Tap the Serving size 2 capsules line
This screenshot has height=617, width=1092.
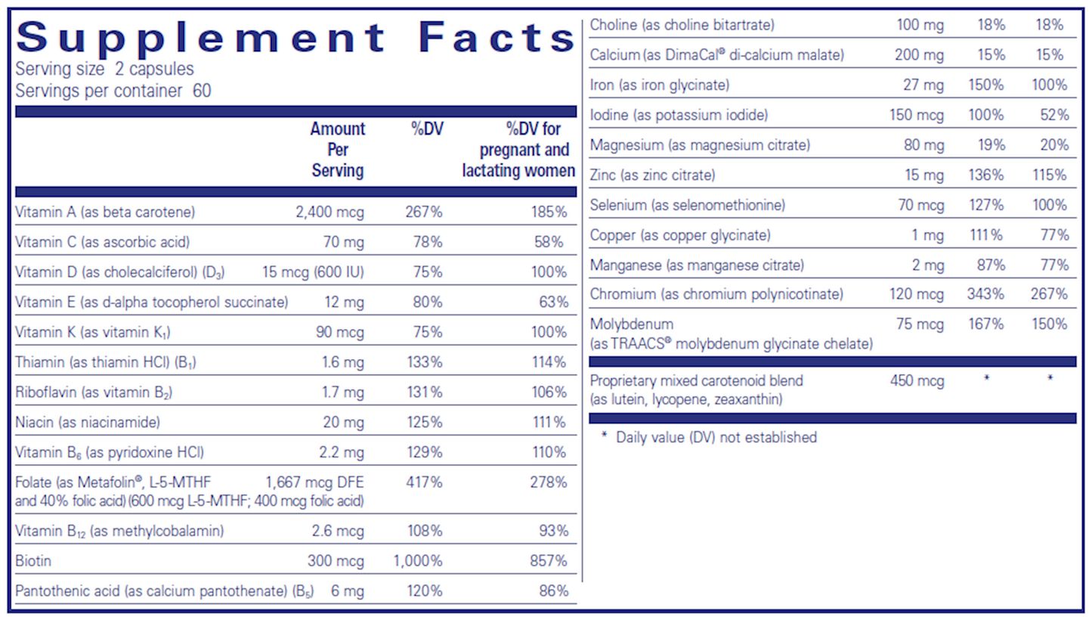(x=104, y=70)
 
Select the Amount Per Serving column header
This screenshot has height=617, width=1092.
(x=337, y=150)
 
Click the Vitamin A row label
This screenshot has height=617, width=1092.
(x=104, y=212)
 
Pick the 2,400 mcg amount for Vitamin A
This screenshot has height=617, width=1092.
(x=329, y=212)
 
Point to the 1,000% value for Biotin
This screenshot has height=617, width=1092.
(x=417, y=561)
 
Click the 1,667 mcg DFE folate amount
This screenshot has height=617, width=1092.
(x=314, y=482)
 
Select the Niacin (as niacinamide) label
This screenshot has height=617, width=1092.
(x=87, y=422)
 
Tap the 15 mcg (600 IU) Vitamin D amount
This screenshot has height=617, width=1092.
(x=313, y=272)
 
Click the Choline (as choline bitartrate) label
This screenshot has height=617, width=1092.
(x=682, y=26)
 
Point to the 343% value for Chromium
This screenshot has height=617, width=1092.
(x=985, y=294)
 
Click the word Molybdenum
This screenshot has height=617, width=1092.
(x=631, y=324)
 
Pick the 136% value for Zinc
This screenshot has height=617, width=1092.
(x=985, y=175)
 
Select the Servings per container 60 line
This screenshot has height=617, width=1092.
(x=113, y=91)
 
